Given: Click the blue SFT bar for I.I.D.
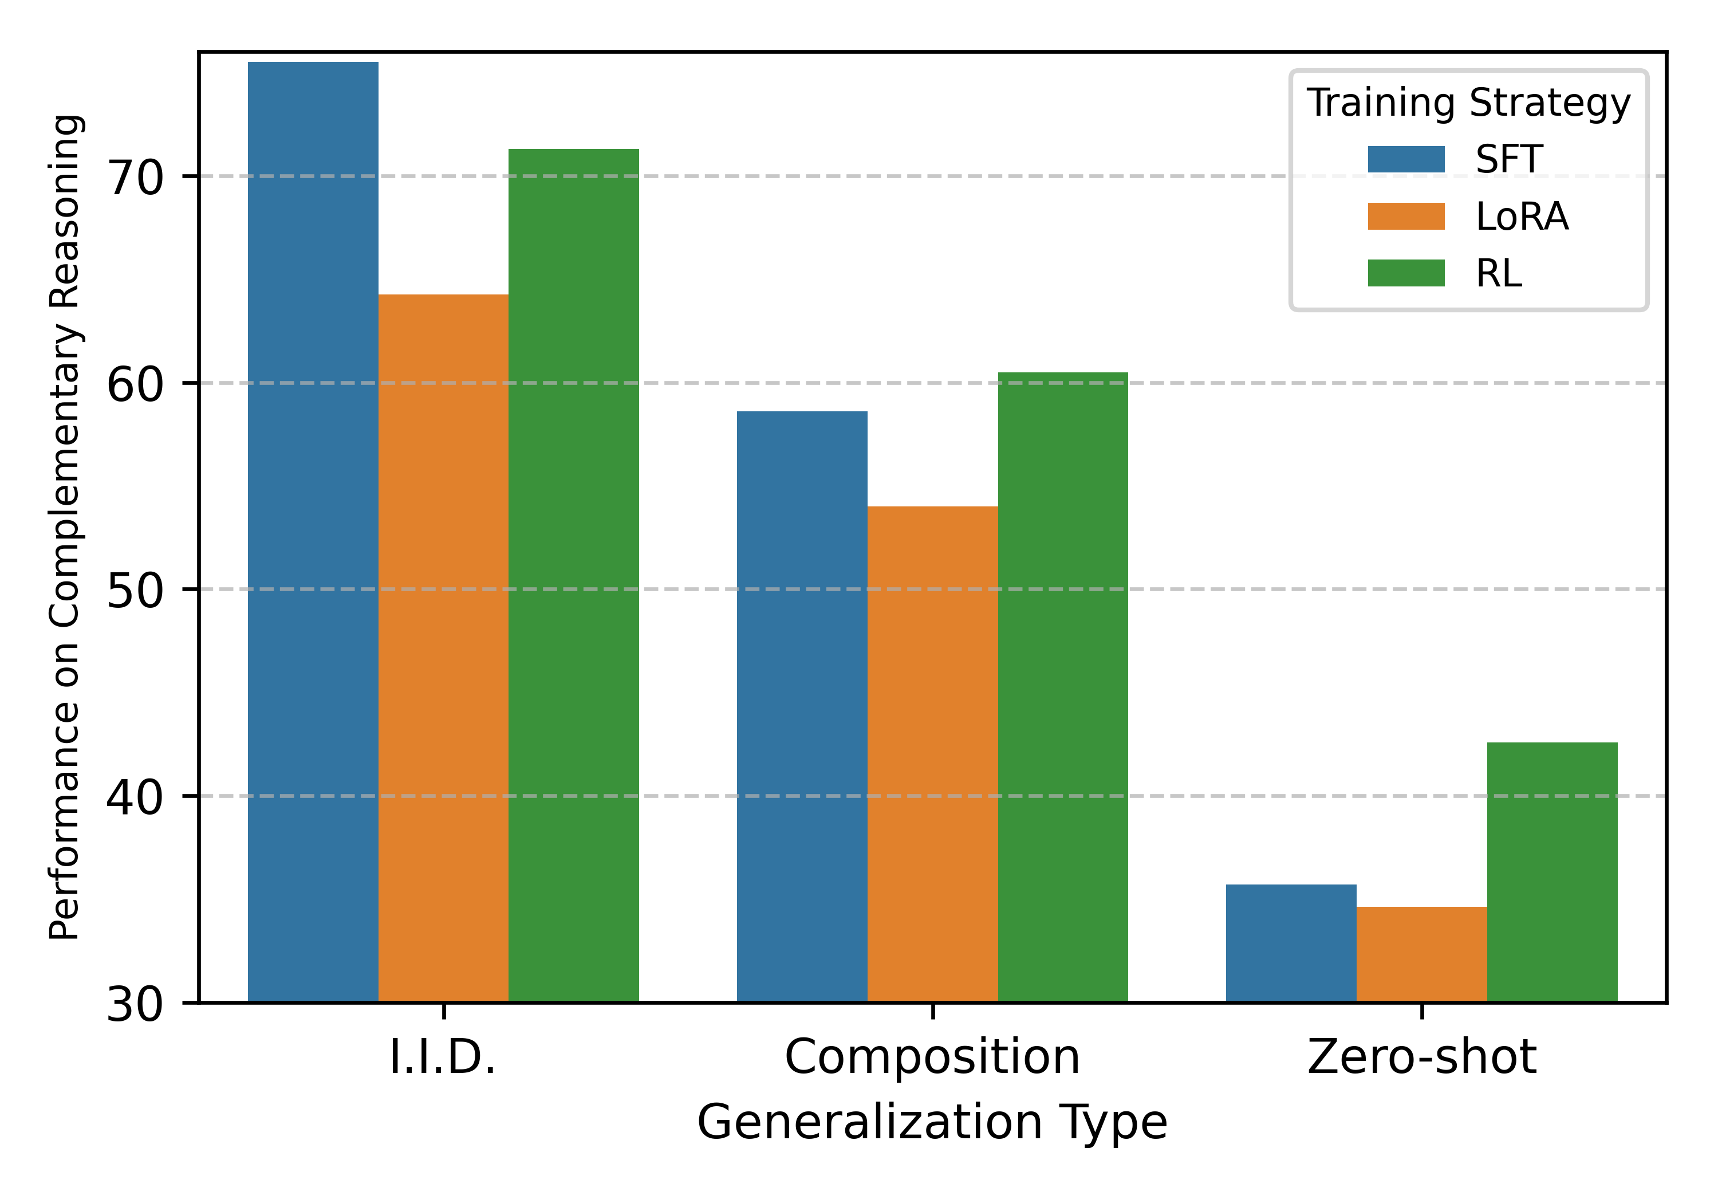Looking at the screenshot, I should (x=313, y=532).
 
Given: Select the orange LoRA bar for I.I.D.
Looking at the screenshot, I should (x=443, y=647).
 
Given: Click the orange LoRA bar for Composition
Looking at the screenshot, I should (x=932, y=754).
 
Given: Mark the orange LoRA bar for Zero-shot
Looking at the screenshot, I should (x=1421, y=954).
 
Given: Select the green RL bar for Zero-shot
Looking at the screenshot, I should (x=1552, y=871).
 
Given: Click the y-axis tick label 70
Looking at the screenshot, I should (x=135, y=178).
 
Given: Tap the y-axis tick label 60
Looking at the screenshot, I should (x=135, y=385).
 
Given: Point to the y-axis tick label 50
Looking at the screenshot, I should (x=135, y=591).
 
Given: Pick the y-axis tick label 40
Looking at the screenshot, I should (x=135, y=797).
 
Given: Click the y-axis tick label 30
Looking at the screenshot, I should (x=135, y=1004).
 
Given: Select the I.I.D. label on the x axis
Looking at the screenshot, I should (x=443, y=1057).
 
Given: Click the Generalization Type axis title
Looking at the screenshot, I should (x=932, y=1123).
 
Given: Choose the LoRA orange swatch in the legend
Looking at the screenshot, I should (x=1405, y=217).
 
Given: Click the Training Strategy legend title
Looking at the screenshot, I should (x=1468, y=103).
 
